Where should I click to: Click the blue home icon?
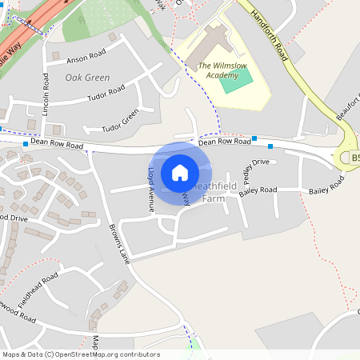[180, 172]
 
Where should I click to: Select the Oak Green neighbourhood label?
[87, 78]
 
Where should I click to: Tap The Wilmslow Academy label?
[218, 70]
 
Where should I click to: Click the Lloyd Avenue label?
[150, 189]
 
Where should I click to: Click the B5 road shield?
[355, 159]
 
